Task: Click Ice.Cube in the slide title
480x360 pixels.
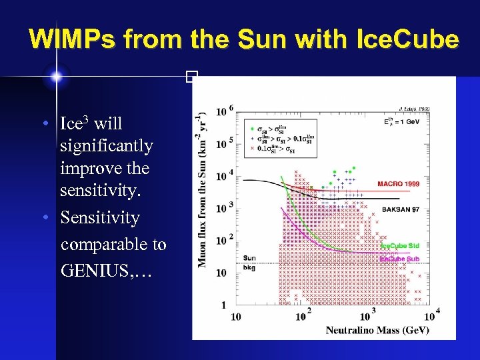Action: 407,40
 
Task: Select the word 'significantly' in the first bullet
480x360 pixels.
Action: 107,146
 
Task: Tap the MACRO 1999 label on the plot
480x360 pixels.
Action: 398,184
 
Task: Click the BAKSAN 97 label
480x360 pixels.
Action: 401,209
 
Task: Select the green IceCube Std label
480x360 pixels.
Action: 399,246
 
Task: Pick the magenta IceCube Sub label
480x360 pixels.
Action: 399,258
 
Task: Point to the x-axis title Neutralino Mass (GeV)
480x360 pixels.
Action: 377,330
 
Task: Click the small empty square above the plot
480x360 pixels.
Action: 191,77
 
